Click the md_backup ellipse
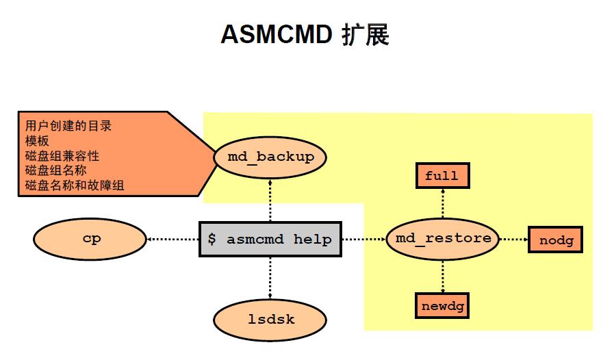coord(270,157)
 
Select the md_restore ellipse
coord(443,239)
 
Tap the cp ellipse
coord(90,240)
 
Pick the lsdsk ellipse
coord(270,320)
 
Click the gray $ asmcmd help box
coord(270,240)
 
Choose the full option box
coord(442,176)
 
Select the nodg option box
coord(555,240)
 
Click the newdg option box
coord(442,305)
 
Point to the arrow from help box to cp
coord(172,240)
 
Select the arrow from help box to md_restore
coord(363,240)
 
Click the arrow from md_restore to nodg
coord(513,240)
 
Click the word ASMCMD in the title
coord(276,34)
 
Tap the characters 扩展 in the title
coord(366,34)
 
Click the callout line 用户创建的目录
coord(68,126)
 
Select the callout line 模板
coord(37,141)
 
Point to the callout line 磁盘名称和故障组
coord(75,185)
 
